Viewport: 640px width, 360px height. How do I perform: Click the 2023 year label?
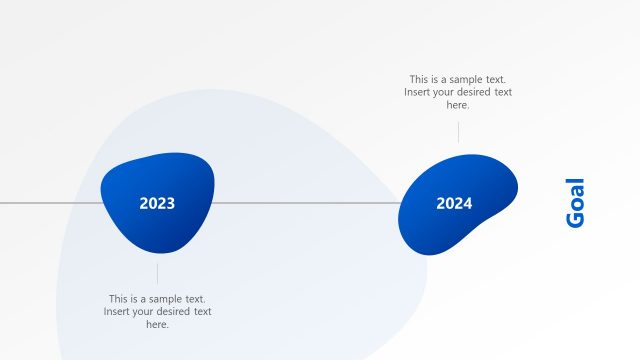[157, 204]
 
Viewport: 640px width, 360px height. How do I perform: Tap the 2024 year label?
[454, 204]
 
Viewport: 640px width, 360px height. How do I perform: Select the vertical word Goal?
[575, 203]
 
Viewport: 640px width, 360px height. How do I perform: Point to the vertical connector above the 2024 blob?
[458, 132]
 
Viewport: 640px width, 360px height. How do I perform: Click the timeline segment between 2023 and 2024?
[305, 203]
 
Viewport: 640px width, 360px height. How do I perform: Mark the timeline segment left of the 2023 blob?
[50, 203]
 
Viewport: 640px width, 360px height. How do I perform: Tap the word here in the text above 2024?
[458, 105]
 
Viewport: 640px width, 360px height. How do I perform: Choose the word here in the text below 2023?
[157, 324]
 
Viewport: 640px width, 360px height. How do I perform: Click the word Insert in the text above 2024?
[419, 92]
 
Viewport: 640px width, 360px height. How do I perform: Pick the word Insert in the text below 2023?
[118, 312]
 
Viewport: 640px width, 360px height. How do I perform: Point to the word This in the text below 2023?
[120, 299]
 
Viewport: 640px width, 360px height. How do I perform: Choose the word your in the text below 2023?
[147, 312]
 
